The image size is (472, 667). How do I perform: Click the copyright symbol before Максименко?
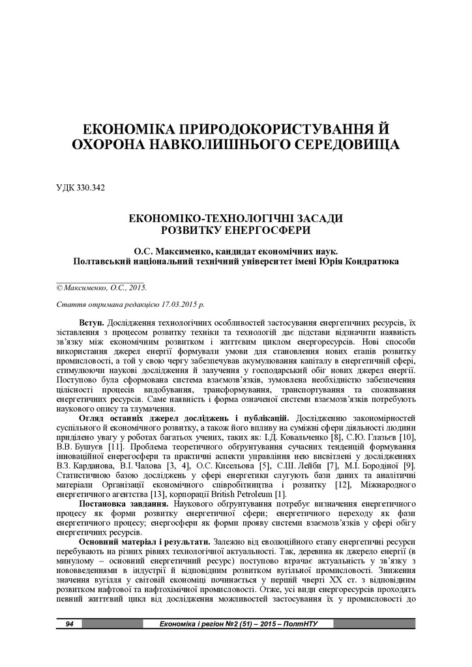(x=59, y=287)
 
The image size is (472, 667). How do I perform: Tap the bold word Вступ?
(x=92, y=322)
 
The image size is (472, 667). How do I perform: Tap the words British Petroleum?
(x=248, y=494)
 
